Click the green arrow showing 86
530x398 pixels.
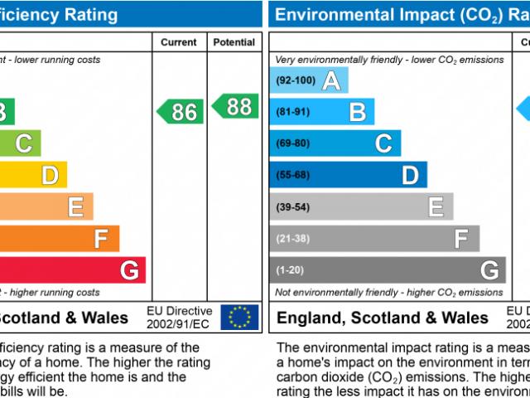click(180, 111)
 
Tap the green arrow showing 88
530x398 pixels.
click(234, 106)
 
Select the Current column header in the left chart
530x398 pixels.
click(179, 42)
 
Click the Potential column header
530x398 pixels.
click(234, 42)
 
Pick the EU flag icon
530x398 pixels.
click(239, 317)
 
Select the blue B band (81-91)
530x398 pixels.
click(323, 112)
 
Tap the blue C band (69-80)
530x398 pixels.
click(335, 143)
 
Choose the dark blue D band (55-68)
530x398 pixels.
click(349, 175)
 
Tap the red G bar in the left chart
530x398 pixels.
click(73, 269)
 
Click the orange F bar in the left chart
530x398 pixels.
click(60, 239)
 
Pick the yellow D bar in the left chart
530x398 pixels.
click(33, 175)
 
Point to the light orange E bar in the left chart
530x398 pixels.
click(46, 206)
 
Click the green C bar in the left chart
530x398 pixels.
click(20, 143)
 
